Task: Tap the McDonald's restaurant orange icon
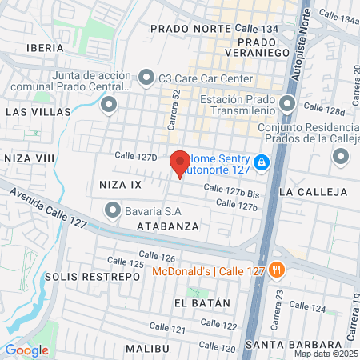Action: pyautogui.click(x=278, y=269)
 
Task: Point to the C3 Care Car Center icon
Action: pyautogui.click(x=146, y=78)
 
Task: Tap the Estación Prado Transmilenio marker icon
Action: pyautogui.click(x=288, y=104)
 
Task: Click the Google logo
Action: pyautogui.click(x=26, y=350)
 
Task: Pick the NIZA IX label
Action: pyautogui.click(x=119, y=185)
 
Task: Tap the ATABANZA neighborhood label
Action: pyautogui.click(x=166, y=227)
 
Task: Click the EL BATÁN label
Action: pyautogui.click(x=202, y=303)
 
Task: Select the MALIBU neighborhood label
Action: pyautogui.click(x=147, y=349)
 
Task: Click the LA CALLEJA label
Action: pyautogui.click(x=313, y=192)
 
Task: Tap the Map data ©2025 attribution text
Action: pyautogui.click(x=326, y=354)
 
